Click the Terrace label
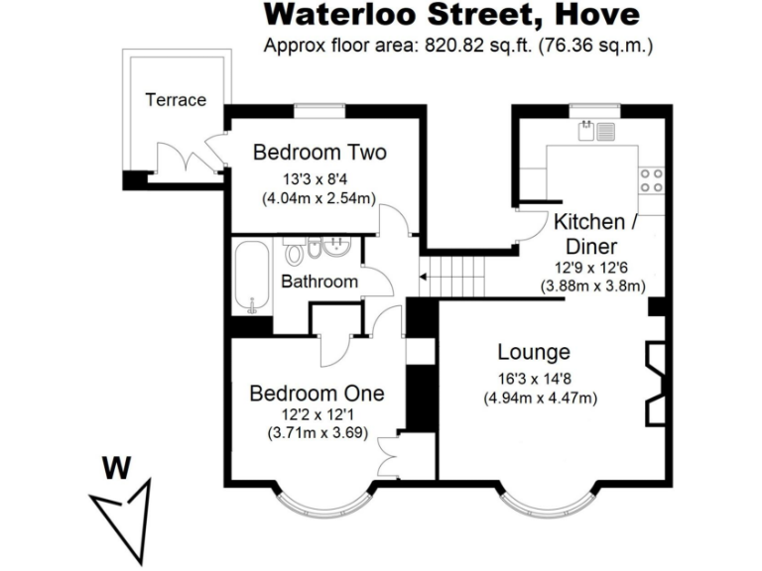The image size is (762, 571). [176, 100]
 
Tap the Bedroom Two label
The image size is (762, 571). [319, 153]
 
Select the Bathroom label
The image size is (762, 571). [318, 282]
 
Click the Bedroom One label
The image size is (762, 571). [316, 394]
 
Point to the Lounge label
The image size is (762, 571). [534, 353]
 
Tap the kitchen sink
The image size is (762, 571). [600, 129]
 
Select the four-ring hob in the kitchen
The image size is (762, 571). [652, 179]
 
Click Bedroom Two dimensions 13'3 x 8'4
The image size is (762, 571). [317, 179]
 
